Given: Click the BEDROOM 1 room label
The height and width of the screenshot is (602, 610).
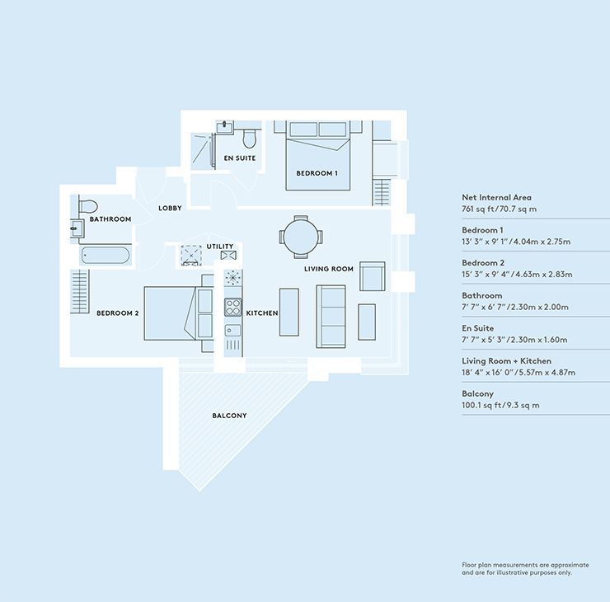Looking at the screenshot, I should (x=317, y=173).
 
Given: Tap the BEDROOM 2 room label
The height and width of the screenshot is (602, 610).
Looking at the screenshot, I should (x=117, y=313).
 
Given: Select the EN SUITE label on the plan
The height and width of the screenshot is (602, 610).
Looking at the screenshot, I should (x=239, y=158).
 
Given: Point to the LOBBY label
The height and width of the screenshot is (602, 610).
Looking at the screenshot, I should (x=170, y=208).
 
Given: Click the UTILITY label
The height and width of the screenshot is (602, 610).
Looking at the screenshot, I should (x=221, y=247).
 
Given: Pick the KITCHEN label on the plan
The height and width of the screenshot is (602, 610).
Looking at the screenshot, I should (x=262, y=313).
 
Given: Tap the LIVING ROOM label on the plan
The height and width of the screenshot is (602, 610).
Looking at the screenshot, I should (x=329, y=269).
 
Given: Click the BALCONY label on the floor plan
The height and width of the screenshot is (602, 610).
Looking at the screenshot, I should (x=228, y=416).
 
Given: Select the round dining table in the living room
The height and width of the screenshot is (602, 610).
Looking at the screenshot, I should (x=298, y=238).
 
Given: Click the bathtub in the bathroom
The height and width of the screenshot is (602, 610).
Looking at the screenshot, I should (x=105, y=255).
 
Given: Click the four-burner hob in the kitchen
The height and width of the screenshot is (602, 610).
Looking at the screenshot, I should (x=232, y=308).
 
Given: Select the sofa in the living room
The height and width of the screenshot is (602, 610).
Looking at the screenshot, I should (x=332, y=316).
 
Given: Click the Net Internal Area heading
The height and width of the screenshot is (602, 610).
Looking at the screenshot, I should (x=496, y=198).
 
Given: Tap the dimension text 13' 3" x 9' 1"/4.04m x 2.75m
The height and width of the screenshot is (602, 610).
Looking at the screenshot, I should (x=516, y=242).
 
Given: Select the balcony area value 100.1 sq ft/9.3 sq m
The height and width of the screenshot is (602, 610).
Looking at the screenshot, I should (x=500, y=406).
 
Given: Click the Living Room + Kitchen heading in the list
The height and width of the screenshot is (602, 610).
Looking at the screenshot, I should (x=506, y=361).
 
